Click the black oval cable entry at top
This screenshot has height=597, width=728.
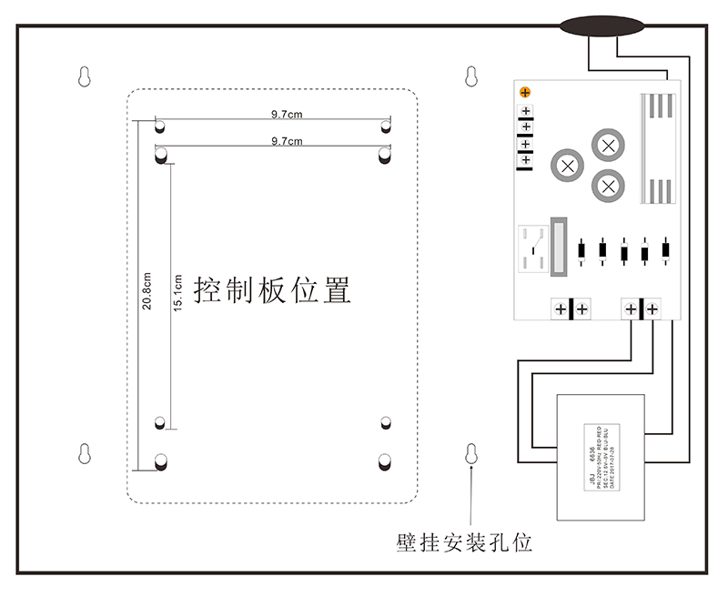tap(596, 26)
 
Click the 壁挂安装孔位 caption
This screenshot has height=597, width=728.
tap(464, 543)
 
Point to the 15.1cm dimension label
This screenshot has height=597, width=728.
tap(179, 290)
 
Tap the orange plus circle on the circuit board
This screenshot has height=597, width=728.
tap(525, 92)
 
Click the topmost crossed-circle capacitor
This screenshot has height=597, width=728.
tap(609, 144)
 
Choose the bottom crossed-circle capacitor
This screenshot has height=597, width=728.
tap(608, 187)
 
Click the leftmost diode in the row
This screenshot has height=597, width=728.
tap(580, 250)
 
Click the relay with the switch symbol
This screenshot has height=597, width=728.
tap(533, 248)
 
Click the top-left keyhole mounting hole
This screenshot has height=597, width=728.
tap(84, 76)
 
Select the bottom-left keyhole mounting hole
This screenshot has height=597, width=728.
tap(84, 453)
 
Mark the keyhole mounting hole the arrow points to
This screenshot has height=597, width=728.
tap(471, 453)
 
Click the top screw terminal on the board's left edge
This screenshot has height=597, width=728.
tap(526, 112)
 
